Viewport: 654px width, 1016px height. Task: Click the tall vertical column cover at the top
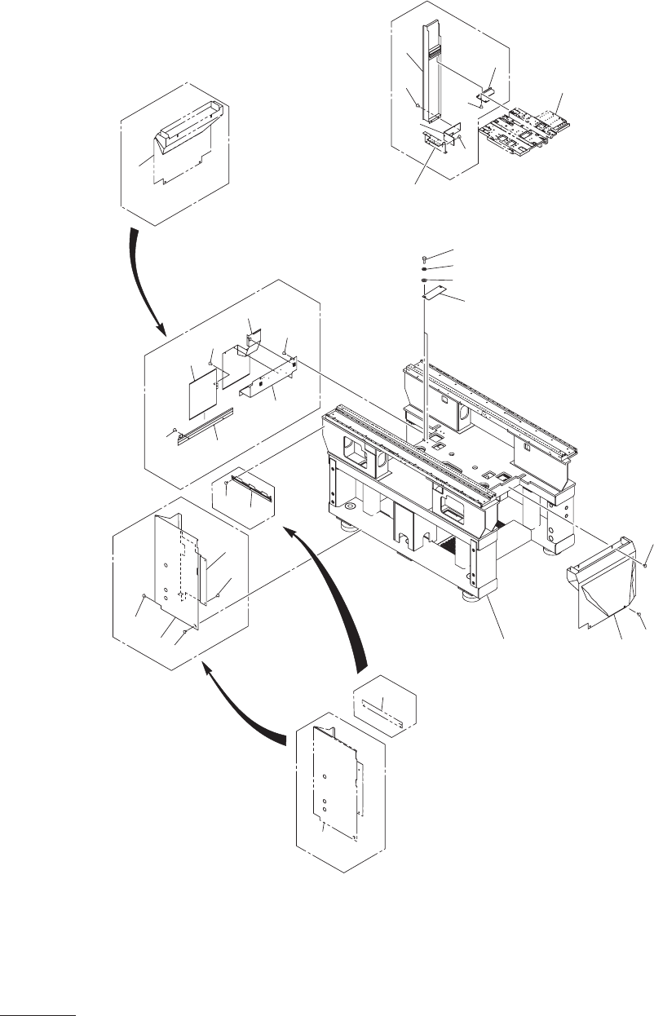(431, 73)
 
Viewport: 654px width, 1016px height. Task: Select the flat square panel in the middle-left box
(202, 390)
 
